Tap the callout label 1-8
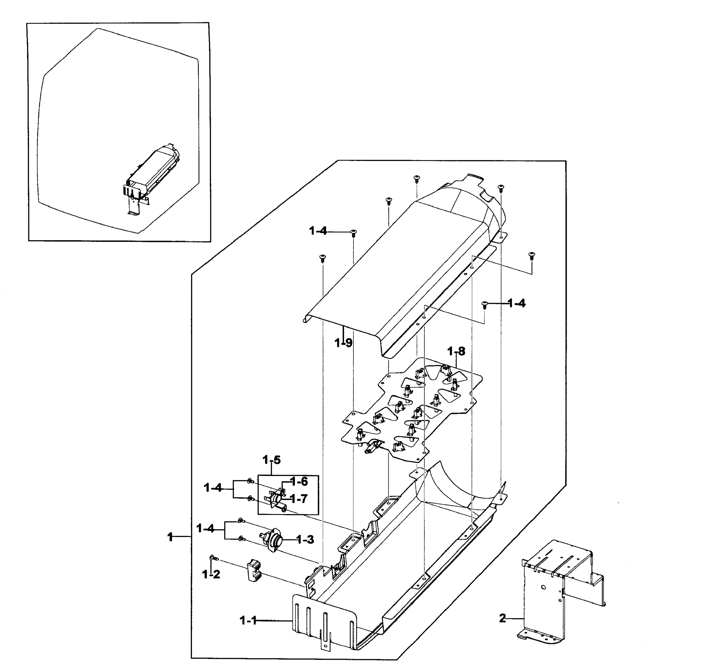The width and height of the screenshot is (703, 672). [456, 351]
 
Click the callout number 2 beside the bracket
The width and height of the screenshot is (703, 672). [502, 618]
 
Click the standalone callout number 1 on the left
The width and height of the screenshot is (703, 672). [170, 536]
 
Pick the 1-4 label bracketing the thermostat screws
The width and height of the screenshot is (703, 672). [205, 528]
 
